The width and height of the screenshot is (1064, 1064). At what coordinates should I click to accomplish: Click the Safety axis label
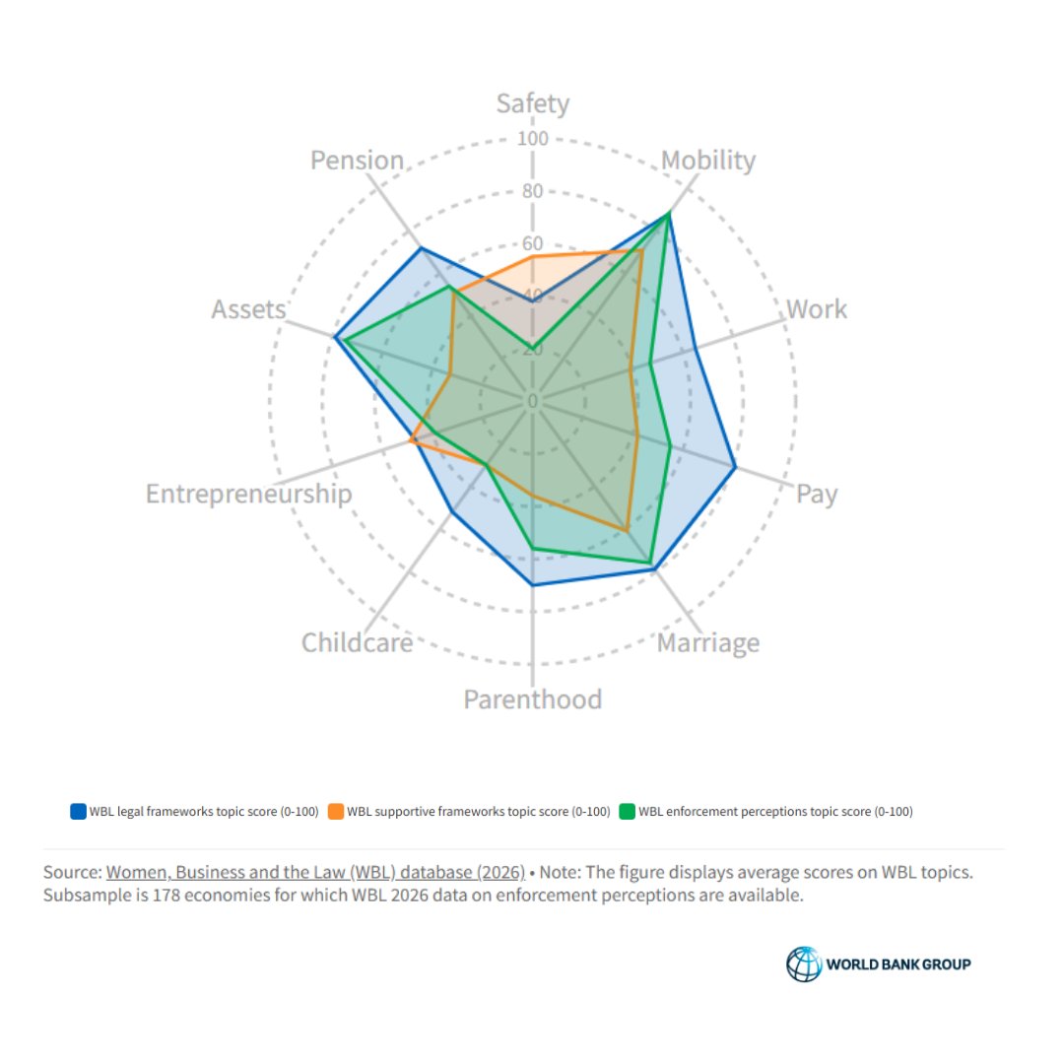532,103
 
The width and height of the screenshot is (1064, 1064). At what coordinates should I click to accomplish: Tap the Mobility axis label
708,160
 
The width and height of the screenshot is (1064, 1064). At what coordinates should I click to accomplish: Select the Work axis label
816,309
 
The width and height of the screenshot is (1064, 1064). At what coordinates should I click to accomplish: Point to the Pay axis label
817,494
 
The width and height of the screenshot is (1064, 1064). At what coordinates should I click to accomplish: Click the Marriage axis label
707,643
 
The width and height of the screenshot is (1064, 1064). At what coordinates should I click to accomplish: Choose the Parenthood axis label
532,699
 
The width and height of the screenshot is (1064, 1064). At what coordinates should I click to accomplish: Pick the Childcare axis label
357,643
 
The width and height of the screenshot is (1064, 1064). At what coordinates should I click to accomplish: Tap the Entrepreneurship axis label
248,494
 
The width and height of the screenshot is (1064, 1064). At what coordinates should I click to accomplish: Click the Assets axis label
248,309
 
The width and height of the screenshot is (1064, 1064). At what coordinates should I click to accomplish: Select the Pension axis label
357,160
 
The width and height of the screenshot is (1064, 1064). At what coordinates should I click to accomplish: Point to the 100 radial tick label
532,138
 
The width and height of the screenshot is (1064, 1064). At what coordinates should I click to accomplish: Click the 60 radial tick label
532,243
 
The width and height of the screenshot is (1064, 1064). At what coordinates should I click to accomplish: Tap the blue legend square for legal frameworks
78,812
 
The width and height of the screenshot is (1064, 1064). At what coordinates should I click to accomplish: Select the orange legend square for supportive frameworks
336,812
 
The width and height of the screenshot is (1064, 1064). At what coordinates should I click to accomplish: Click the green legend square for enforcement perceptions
627,812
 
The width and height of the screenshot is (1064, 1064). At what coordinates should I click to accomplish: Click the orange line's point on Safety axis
533,256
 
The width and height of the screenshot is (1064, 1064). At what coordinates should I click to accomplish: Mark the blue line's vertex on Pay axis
735,467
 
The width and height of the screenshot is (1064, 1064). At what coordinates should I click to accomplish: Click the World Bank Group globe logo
803,964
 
